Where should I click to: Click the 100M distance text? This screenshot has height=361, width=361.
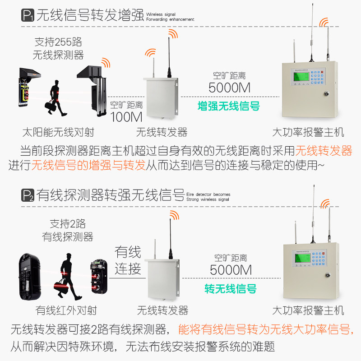126,117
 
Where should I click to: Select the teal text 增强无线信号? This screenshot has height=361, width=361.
229,106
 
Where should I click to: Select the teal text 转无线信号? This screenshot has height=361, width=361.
230,288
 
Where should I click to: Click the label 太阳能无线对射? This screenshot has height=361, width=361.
58,132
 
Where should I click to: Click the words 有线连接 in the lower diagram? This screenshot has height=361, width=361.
128,260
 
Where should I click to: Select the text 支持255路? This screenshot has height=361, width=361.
58,42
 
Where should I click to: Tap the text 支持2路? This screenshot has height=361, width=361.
67,223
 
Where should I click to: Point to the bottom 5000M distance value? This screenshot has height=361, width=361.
231,270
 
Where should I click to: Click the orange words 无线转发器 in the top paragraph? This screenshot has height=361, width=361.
324,150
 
